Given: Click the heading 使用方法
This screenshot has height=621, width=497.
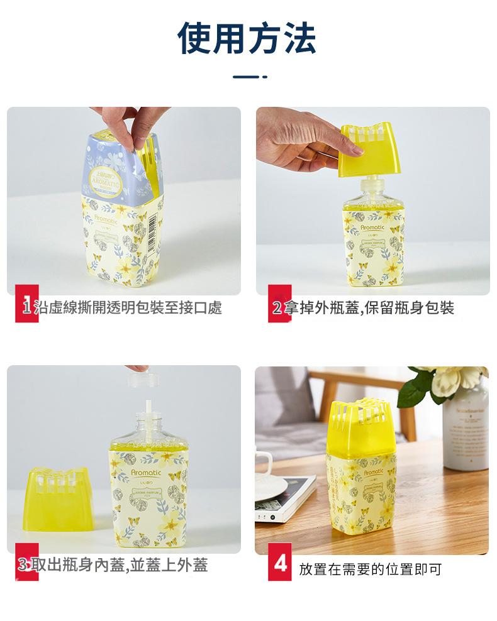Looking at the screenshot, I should (247, 38).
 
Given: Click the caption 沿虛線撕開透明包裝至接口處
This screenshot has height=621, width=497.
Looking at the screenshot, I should (130, 308).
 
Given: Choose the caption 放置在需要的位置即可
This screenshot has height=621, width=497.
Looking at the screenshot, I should (371, 569).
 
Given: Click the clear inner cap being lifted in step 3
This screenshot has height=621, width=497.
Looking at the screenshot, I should (142, 380).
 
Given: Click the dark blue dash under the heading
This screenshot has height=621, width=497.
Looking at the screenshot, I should (250, 77).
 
